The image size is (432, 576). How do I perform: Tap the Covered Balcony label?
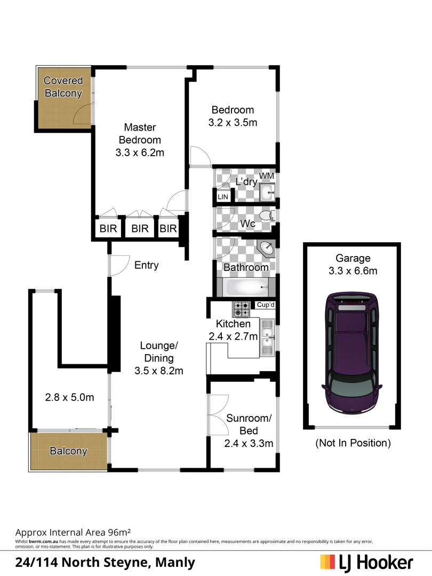coord(63,87)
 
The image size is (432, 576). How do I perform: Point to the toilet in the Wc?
coord(266,215)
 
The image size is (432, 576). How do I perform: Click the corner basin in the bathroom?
coord(268,249)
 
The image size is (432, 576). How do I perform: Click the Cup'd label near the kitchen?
coord(265,305)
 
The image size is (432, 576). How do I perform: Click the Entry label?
coord(146,265)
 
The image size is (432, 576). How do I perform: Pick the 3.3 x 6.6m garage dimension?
coord(353,271)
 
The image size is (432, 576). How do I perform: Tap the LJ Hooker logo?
coord(367,562)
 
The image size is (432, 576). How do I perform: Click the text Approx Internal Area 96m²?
coord(73,532)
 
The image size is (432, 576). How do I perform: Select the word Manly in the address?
coord(177,562)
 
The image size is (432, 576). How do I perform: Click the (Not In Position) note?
coord(353,443)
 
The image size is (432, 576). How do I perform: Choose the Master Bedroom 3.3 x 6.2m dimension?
coord(139,153)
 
